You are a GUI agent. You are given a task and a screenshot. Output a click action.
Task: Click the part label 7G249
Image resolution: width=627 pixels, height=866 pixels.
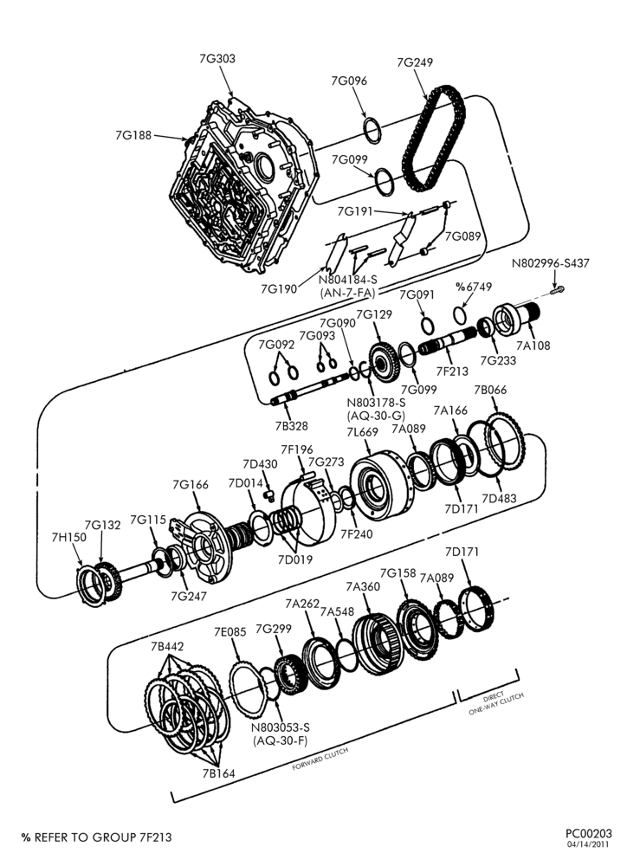click(x=414, y=62)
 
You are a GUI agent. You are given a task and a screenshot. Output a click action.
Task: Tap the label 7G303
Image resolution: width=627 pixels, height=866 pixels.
click(x=217, y=59)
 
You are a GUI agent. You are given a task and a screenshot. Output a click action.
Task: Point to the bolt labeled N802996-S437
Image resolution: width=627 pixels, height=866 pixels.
click(x=557, y=289)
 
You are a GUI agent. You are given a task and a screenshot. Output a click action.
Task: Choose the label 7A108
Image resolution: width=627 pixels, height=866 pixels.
click(x=533, y=346)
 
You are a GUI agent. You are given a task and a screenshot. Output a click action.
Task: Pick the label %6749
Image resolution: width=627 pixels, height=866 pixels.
click(x=474, y=288)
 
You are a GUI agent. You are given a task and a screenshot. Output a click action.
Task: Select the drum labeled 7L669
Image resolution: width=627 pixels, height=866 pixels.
click(x=381, y=486)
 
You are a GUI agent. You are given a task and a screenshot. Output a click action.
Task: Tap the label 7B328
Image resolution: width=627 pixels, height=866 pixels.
click(x=291, y=426)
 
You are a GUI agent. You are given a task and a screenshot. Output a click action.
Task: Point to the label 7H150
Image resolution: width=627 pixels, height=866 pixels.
click(x=69, y=537)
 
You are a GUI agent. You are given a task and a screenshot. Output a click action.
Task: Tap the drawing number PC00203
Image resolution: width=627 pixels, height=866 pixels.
click(x=588, y=833)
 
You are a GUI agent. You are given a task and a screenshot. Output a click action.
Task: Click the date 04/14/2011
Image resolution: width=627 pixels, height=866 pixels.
click(x=590, y=843)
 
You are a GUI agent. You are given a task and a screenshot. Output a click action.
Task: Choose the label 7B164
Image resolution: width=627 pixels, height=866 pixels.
click(x=218, y=773)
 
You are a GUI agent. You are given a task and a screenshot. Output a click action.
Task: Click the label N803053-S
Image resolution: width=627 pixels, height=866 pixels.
click(x=280, y=728)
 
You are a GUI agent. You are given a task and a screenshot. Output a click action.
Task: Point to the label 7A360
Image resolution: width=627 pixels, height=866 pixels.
click(x=363, y=586)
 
